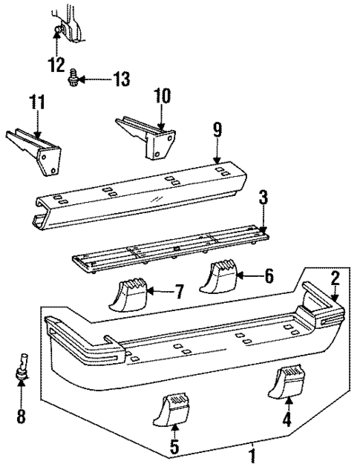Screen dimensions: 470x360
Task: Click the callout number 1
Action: [253, 454]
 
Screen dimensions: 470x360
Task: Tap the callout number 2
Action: [335, 278]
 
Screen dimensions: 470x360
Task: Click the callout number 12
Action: [57, 64]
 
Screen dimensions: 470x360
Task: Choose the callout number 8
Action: [21, 417]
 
